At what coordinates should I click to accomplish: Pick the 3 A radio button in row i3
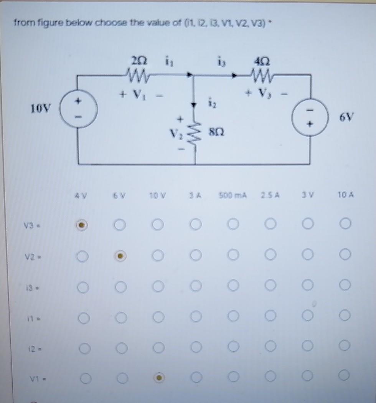[x=195, y=286]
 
